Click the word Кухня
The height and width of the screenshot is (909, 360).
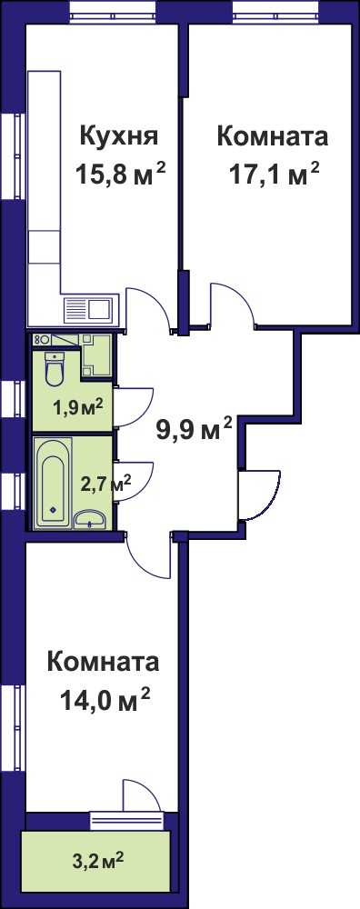point(119,138)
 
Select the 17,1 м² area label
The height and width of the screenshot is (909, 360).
point(275,174)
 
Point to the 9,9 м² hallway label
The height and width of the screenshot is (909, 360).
point(195,430)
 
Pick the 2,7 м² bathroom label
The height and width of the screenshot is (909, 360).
point(105,483)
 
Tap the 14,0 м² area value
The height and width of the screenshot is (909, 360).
point(105,702)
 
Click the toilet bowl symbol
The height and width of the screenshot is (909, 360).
point(55,369)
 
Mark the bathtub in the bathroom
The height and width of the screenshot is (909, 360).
point(53,483)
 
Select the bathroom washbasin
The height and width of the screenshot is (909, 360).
point(90,519)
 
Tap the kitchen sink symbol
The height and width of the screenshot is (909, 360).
point(92,309)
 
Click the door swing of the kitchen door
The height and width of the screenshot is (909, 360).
point(148,307)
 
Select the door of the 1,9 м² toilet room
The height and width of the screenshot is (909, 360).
point(134,406)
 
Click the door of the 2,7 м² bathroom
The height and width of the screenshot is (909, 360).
point(134,481)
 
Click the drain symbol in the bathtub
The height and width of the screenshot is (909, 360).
point(53,510)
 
